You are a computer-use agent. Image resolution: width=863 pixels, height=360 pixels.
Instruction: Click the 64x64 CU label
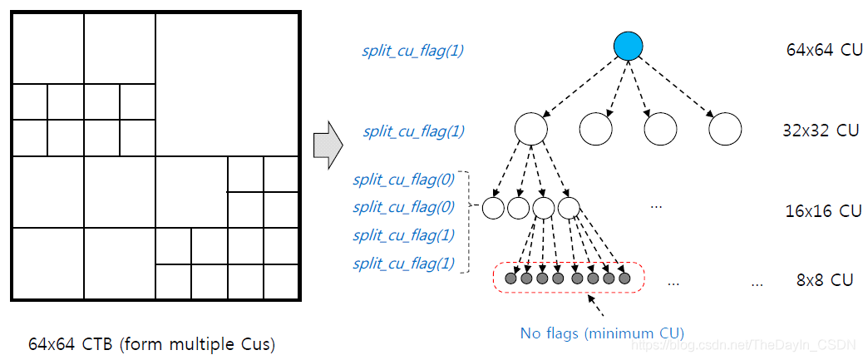[824, 50]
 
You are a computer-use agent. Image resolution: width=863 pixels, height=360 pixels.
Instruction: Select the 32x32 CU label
[821, 131]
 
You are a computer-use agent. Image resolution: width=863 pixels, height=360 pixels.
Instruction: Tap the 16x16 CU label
[823, 211]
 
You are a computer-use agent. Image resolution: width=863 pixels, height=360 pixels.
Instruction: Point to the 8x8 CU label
[825, 280]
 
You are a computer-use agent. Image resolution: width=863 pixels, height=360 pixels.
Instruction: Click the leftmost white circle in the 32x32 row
[530, 129]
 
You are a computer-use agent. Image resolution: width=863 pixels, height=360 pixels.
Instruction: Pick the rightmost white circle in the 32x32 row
[725, 129]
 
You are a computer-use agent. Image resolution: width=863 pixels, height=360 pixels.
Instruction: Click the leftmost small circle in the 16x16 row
[493, 207]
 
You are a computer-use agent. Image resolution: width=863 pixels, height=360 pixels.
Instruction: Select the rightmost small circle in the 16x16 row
[569, 207]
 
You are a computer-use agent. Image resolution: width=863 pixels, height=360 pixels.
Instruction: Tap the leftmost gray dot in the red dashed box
[511, 279]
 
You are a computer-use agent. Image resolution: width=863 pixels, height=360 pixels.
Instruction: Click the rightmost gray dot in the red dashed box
[624, 279]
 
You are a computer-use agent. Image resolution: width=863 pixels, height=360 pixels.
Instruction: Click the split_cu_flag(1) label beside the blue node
[413, 51]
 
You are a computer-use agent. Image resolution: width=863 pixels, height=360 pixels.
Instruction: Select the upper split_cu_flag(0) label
[404, 179]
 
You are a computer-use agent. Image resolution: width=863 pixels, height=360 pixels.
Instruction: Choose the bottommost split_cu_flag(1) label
[404, 264]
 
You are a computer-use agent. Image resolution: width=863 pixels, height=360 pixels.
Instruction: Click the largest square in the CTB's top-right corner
[227, 84]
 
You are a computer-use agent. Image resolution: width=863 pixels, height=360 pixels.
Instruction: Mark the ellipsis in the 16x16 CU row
[657, 205]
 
